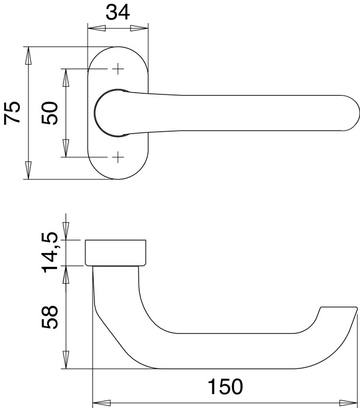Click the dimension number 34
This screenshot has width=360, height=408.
tap(117, 12)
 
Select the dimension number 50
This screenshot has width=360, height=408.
tap(51, 112)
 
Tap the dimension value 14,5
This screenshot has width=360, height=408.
tap(51, 251)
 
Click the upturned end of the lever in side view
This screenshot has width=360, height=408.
tap(338, 318)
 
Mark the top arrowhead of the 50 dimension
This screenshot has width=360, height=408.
tap(66, 76)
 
